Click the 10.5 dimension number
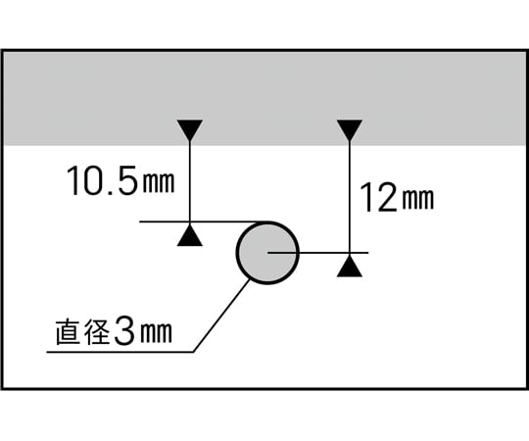(103, 180)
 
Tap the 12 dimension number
(378, 197)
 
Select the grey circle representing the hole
(267, 253)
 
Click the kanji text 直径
(82, 332)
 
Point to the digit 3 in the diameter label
(124, 331)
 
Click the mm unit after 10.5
(159, 182)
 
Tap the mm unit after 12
(418, 199)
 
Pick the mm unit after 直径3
(156, 332)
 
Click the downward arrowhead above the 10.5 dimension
(190, 130)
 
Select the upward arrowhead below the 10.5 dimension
(190, 235)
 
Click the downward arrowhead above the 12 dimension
(350, 130)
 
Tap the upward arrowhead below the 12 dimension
(350, 266)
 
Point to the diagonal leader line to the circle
(221, 316)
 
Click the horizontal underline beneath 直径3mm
(120, 352)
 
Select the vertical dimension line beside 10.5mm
(190, 182)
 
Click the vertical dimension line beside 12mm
(350, 197)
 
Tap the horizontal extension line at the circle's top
(204, 221)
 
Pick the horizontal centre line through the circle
(317, 253)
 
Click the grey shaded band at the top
(264, 99)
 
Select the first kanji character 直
(69, 332)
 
